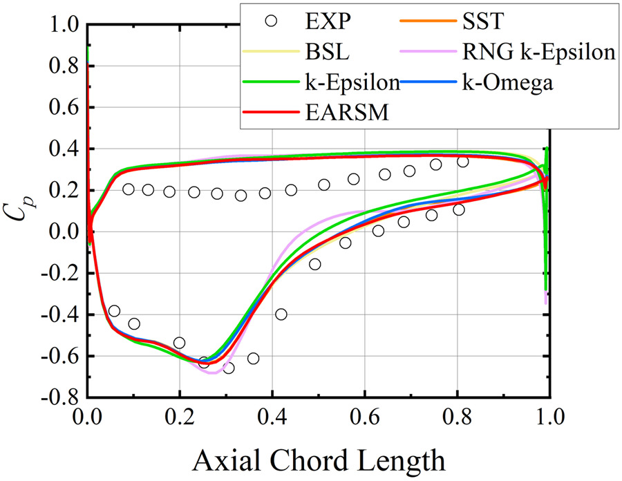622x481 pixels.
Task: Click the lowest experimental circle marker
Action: [227, 368]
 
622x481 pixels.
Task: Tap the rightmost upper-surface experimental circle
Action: [463, 162]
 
